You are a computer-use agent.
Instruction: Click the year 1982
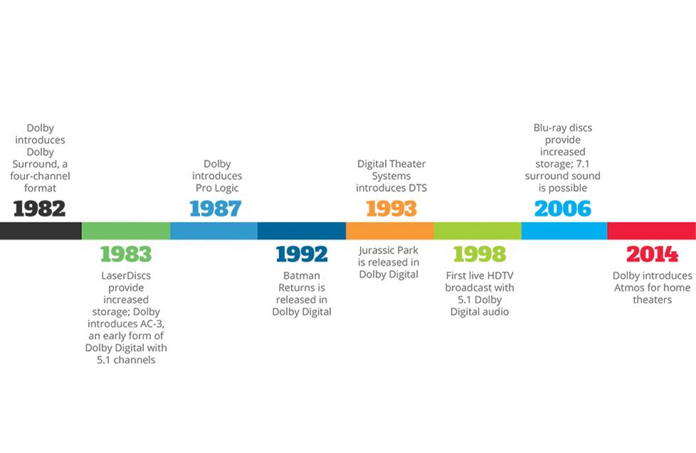[39, 208]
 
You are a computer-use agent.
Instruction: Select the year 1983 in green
[126, 254]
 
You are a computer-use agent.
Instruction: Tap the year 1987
[215, 208]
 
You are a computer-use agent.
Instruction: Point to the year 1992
[302, 254]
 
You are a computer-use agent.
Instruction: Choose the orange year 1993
[391, 208]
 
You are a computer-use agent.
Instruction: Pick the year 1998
[479, 254]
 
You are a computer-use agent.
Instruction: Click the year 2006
[562, 208]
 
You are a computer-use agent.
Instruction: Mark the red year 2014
[652, 254]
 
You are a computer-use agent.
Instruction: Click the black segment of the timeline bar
[41, 230]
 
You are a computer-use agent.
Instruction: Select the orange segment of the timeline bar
[389, 230]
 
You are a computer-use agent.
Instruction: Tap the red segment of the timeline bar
[651, 230]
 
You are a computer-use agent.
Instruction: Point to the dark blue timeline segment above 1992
[302, 230]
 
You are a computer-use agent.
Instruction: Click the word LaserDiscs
[126, 276]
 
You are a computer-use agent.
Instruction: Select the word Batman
[302, 276]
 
